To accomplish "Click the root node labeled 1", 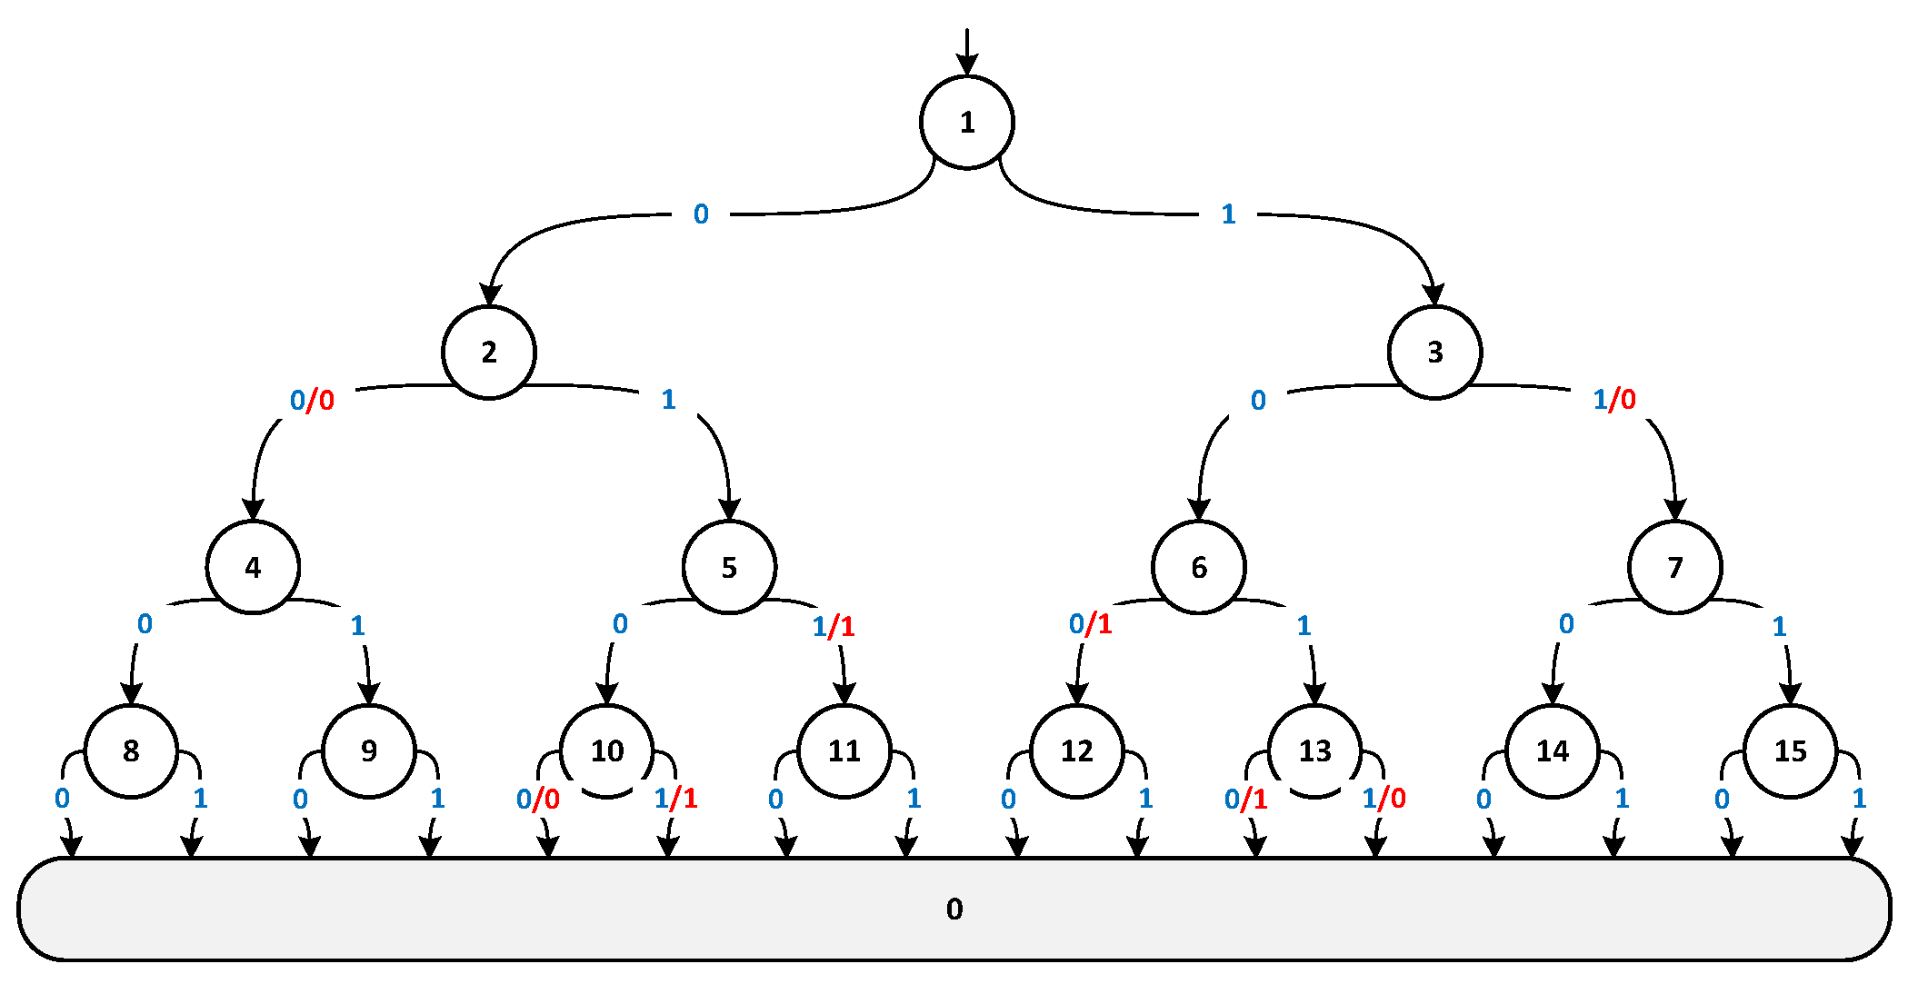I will (966, 123).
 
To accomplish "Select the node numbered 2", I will (489, 353).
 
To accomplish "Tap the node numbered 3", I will (1434, 353).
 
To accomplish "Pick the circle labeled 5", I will (729, 568).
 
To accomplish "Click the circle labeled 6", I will (1198, 568).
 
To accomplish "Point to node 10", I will (606, 751).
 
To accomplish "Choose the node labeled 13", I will (1314, 751).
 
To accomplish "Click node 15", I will (1790, 751).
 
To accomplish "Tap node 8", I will (131, 751).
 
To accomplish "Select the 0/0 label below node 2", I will (312, 400).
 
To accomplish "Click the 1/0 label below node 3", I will (1614, 400).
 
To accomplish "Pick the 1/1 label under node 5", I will (833, 626).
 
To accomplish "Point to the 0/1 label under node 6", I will (1090, 624).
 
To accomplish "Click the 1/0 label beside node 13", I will (1384, 799).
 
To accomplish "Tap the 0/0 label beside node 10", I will (537, 800).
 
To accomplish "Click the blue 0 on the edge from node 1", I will (701, 214).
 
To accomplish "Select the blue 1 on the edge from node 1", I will (1228, 214).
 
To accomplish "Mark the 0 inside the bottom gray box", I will (954, 909).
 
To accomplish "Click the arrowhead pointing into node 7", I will (1675, 511).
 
